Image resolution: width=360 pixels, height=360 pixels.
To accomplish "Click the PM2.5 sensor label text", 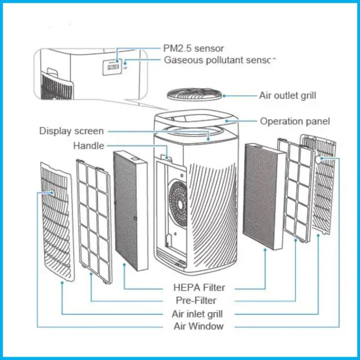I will [193, 48].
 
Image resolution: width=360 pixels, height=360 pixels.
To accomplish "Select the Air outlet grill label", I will [288, 95].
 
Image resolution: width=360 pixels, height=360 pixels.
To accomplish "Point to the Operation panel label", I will [295, 121].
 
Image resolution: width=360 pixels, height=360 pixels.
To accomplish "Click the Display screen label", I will [72, 131].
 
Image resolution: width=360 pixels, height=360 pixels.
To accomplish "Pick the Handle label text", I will [89, 146].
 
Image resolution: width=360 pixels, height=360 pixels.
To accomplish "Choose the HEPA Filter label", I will [199, 287].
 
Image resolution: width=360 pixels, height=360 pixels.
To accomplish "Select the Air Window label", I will [198, 326].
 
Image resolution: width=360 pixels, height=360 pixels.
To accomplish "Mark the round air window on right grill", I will [320, 159].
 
